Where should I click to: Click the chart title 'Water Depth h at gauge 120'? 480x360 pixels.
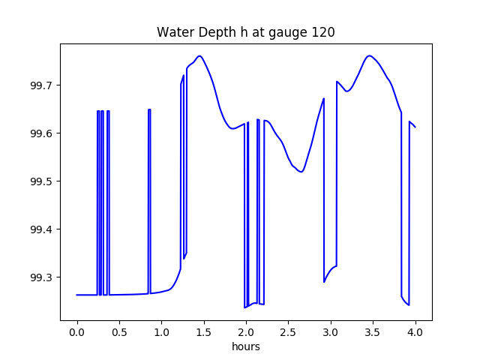click(246, 32)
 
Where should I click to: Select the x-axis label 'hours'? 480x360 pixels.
click(246, 346)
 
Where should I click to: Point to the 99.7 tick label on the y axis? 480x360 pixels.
click(42, 85)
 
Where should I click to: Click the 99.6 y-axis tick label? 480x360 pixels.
click(42, 133)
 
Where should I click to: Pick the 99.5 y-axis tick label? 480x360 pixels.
click(42, 181)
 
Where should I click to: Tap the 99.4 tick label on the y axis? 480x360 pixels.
click(42, 229)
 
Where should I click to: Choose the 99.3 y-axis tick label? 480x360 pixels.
click(42, 277)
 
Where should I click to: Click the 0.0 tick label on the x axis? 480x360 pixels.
click(77, 332)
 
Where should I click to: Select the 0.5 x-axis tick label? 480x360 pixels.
click(119, 332)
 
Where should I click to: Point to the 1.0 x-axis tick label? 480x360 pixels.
click(162, 332)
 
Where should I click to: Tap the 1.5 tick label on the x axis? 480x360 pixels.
click(204, 332)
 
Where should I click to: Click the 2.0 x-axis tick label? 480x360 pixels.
click(246, 332)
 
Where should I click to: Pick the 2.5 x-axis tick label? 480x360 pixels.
click(288, 332)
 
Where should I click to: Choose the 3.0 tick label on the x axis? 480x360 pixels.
click(331, 332)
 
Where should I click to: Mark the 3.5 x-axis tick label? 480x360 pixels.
click(373, 332)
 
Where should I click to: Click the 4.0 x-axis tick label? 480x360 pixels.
click(415, 332)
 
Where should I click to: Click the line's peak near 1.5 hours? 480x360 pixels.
click(199, 55)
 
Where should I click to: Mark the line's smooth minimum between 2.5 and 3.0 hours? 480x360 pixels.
click(301, 172)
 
